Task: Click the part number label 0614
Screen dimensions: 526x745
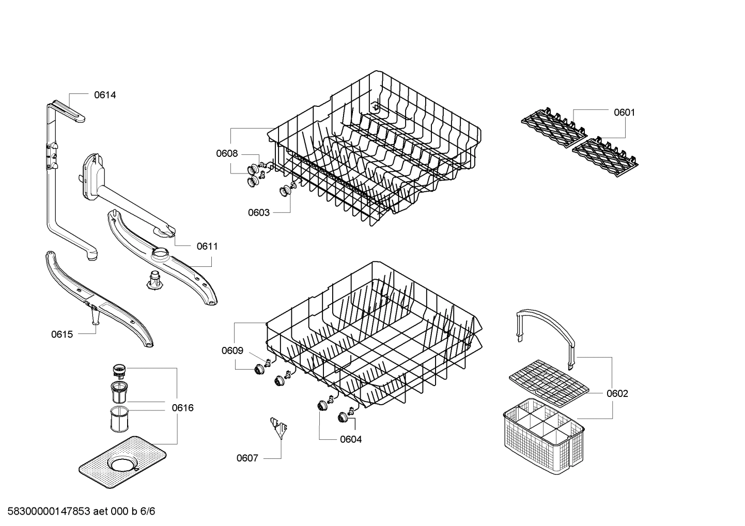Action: [105, 95]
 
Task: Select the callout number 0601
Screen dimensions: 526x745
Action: [624, 113]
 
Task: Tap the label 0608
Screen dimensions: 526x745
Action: [227, 153]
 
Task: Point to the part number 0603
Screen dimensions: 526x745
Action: [258, 213]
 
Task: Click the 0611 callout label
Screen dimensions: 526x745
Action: [207, 247]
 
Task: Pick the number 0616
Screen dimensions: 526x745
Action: [182, 408]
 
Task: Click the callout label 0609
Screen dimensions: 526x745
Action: [232, 351]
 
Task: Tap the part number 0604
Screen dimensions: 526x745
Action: [351, 440]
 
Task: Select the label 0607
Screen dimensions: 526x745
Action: [247, 458]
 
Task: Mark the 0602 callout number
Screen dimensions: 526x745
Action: [617, 394]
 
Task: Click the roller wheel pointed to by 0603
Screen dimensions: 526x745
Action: [284, 192]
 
